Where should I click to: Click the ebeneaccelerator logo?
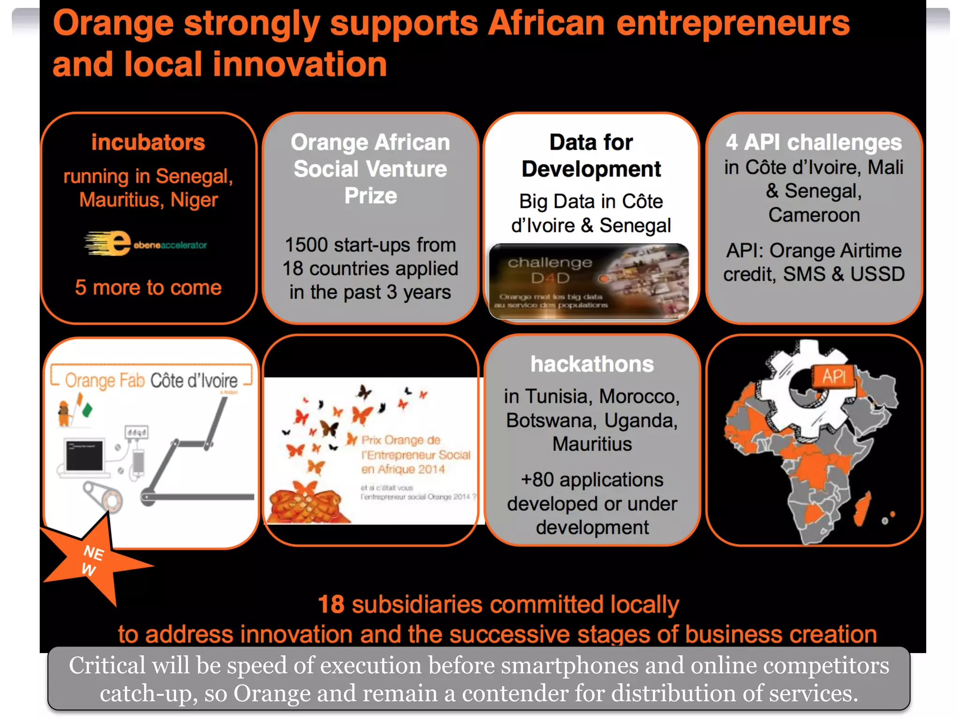(x=145, y=244)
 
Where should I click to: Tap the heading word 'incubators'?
(x=148, y=142)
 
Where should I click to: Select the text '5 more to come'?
(x=148, y=287)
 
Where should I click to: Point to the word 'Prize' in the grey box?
(x=370, y=195)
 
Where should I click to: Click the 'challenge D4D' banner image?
(x=588, y=281)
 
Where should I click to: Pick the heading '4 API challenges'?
(x=813, y=142)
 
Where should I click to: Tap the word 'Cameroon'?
(x=814, y=215)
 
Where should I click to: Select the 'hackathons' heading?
(x=592, y=364)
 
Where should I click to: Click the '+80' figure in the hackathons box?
(x=537, y=480)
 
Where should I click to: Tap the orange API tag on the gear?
(x=834, y=376)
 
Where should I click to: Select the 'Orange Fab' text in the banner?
(x=105, y=381)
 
